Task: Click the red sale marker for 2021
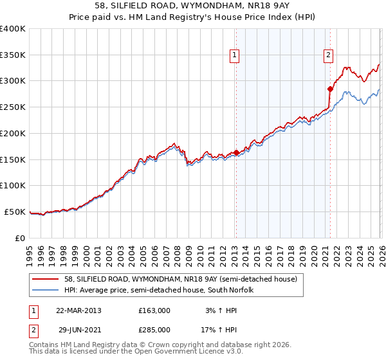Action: pyautogui.click(x=330, y=89)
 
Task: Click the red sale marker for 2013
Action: pyautogui.click(x=236, y=152)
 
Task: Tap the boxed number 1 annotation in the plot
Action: pyautogui.click(x=235, y=56)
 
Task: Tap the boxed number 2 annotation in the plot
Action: pyautogui.click(x=329, y=56)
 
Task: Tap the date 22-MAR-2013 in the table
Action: pyautogui.click(x=78, y=310)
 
